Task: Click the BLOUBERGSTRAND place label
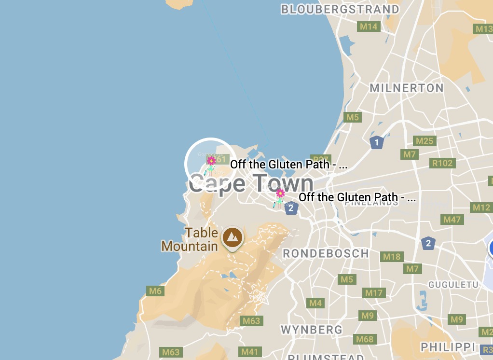point(340,10)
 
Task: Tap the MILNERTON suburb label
point(406,88)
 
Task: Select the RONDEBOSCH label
point(326,253)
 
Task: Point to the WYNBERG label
point(312,330)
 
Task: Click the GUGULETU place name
point(453,285)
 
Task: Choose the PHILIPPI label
point(448,347)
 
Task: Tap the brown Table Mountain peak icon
point(233,237)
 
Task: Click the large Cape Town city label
point(251,184)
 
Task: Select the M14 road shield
point(369,27)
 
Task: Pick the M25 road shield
point(425,141)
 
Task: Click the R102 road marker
point(442,163)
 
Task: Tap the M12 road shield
point(481,208)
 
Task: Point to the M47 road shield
point(452,220)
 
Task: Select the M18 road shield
point(392,257)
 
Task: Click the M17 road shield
point(374,292)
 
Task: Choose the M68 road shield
point(365,339)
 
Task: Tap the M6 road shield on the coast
point(155,291)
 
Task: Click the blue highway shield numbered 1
point(376,142)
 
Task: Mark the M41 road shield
point(250,352)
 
